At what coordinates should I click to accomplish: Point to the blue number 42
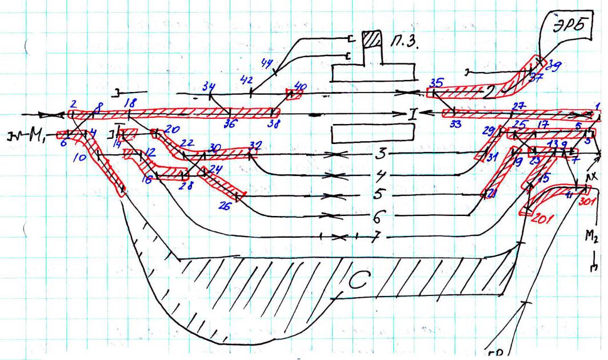[x=246, y=81]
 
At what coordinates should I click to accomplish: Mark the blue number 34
[x=209, y=86]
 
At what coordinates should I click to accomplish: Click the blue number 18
[x=130, y=103]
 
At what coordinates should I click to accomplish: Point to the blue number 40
[x=299, y=86]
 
